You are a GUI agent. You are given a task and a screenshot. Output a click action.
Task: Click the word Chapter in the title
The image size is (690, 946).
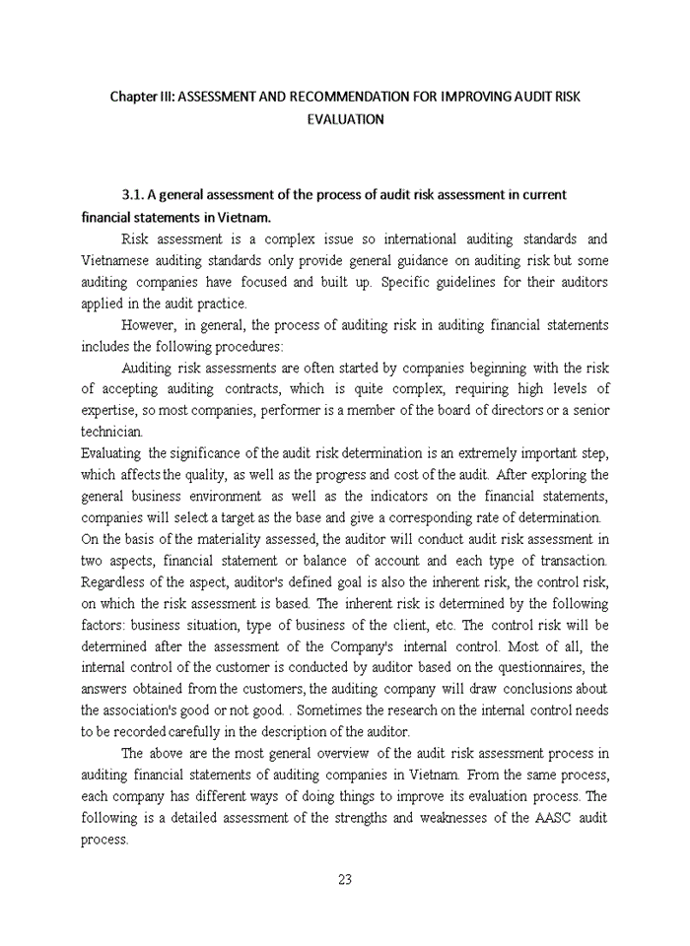[133, 97]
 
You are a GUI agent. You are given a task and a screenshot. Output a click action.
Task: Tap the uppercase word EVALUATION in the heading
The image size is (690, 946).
[345, 118]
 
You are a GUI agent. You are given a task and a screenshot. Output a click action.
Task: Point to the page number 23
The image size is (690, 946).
[344, 880]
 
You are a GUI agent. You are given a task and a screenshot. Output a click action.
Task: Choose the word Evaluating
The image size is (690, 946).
[110, 452]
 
